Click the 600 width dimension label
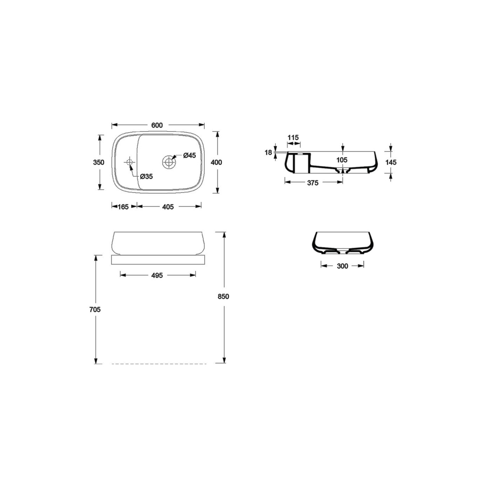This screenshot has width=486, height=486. point(157,125)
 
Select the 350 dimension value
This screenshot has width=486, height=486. point(99,162)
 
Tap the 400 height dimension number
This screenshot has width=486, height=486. point(216,162)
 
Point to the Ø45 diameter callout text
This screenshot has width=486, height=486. point(190,155)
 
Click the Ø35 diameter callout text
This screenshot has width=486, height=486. point(146,176)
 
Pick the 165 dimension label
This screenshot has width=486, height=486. point(123,207)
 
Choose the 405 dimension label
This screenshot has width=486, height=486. point(168,207)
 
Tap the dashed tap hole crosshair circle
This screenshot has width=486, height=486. point(129,162)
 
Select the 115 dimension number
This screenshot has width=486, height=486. point(293,137)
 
